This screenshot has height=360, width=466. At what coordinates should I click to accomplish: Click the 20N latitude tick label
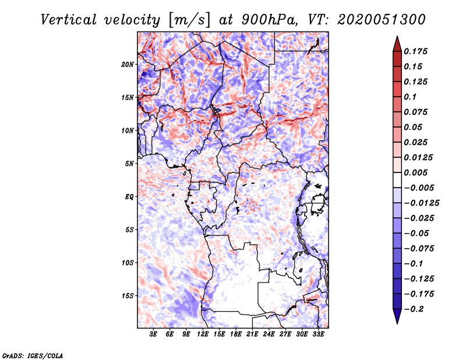[128, 64]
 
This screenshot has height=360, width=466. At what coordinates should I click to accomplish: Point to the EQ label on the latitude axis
[129, 197]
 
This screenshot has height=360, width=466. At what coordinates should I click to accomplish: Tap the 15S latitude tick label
[128, 296]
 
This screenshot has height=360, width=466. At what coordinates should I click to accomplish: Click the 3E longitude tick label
[153, 334]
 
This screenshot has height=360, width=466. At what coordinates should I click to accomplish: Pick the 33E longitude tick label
[318, 334]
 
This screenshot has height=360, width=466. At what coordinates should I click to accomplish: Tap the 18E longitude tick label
[236, 334]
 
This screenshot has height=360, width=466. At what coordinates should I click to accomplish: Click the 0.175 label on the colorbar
[416, 51]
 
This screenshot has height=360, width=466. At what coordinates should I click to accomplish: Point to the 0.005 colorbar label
[416, 172]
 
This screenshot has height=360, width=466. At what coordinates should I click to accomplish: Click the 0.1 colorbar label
[411, 97]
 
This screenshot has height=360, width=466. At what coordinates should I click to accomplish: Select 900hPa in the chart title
[260, 19]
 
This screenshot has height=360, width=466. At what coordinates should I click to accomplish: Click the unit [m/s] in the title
[187, 19]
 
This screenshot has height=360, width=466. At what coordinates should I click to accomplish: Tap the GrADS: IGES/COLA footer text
[33, 355]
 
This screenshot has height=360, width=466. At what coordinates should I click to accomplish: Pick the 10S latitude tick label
[128, 263]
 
